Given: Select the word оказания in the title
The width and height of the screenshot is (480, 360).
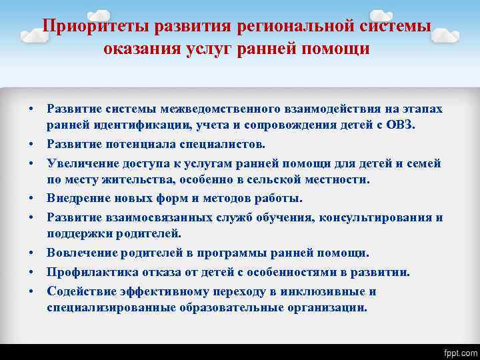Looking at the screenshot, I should click(x=136, y=49).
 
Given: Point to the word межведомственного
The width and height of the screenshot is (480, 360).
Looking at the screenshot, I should click(x=191, y=109).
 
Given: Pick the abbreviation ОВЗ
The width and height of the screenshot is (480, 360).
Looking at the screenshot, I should click(x=400, y=125).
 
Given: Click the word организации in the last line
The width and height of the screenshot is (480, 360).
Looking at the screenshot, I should click(x=325, y=307).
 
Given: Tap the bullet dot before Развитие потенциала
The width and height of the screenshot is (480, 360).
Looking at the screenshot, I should click(x=31, y=145).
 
